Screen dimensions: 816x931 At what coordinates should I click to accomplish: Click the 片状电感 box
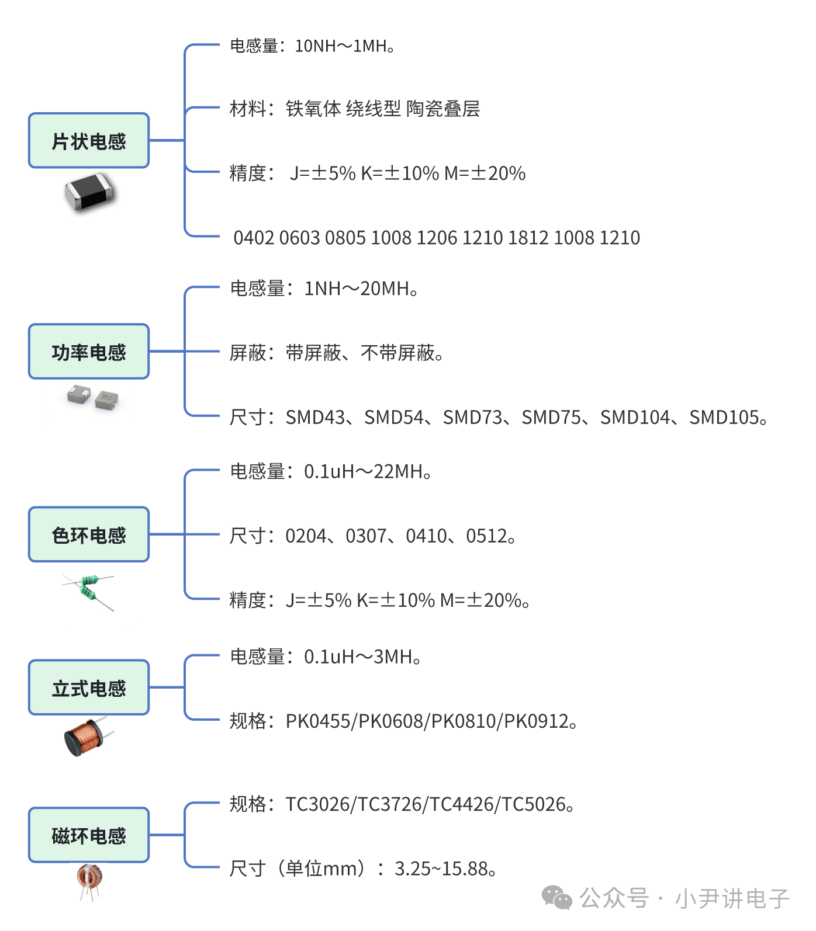(x=89, y=141)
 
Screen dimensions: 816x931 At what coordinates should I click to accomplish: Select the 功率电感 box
(x=89, y=352)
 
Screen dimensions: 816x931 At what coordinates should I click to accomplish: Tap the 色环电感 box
(x=89, y=534)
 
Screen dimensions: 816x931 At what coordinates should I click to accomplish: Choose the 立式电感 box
(x=89, y=688)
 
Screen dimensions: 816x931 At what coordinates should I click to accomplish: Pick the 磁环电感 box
(x=89, y=835)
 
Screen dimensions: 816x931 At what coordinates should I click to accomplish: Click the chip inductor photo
(x=91, y=192)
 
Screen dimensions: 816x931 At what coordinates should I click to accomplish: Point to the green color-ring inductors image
(x=88, y=592)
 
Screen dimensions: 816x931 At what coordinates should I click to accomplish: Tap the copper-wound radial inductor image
(x=88, y=737)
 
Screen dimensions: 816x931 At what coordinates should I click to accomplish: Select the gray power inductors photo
(x=92, y=397)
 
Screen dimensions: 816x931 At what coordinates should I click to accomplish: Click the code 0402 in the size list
(x=254, y=238)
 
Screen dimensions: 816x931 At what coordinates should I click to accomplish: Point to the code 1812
(x=528, y=238)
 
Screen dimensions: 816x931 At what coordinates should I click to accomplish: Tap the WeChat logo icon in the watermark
(x=557, y=898)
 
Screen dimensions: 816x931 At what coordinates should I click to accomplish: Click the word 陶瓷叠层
(x=443, y=109)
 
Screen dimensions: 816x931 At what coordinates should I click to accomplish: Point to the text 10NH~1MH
(x=341, y=46)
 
